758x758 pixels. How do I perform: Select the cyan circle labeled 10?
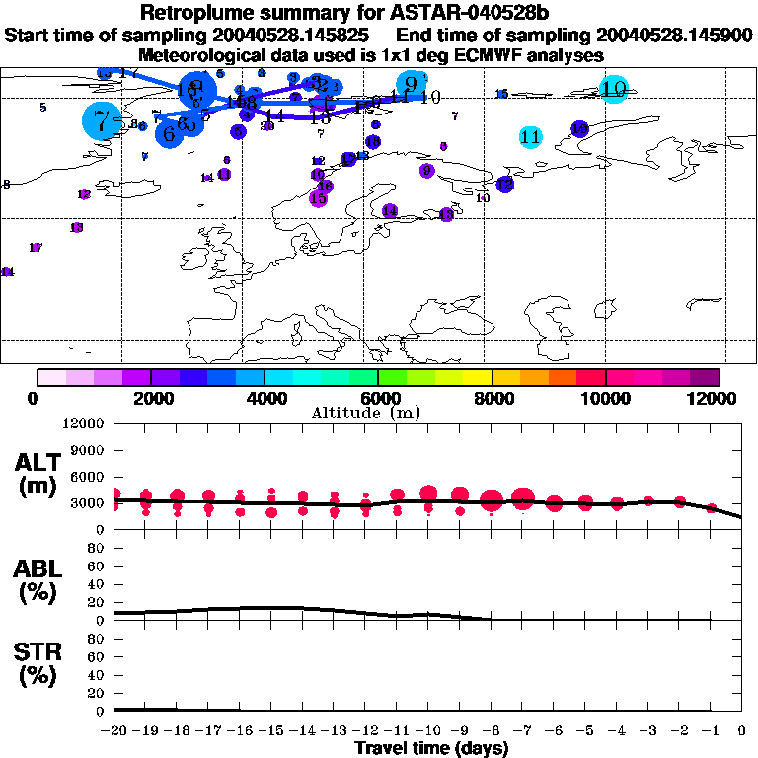coord(614,89)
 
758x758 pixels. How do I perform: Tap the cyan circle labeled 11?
coord(530,136)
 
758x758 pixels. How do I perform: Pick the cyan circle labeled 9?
coord(411,85)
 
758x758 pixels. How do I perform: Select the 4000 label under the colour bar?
coord(265,398)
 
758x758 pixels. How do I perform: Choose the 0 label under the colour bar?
coord(38,398)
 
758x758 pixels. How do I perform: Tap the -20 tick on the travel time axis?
coord(114,732)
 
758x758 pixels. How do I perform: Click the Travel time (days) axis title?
coord(431,748)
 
